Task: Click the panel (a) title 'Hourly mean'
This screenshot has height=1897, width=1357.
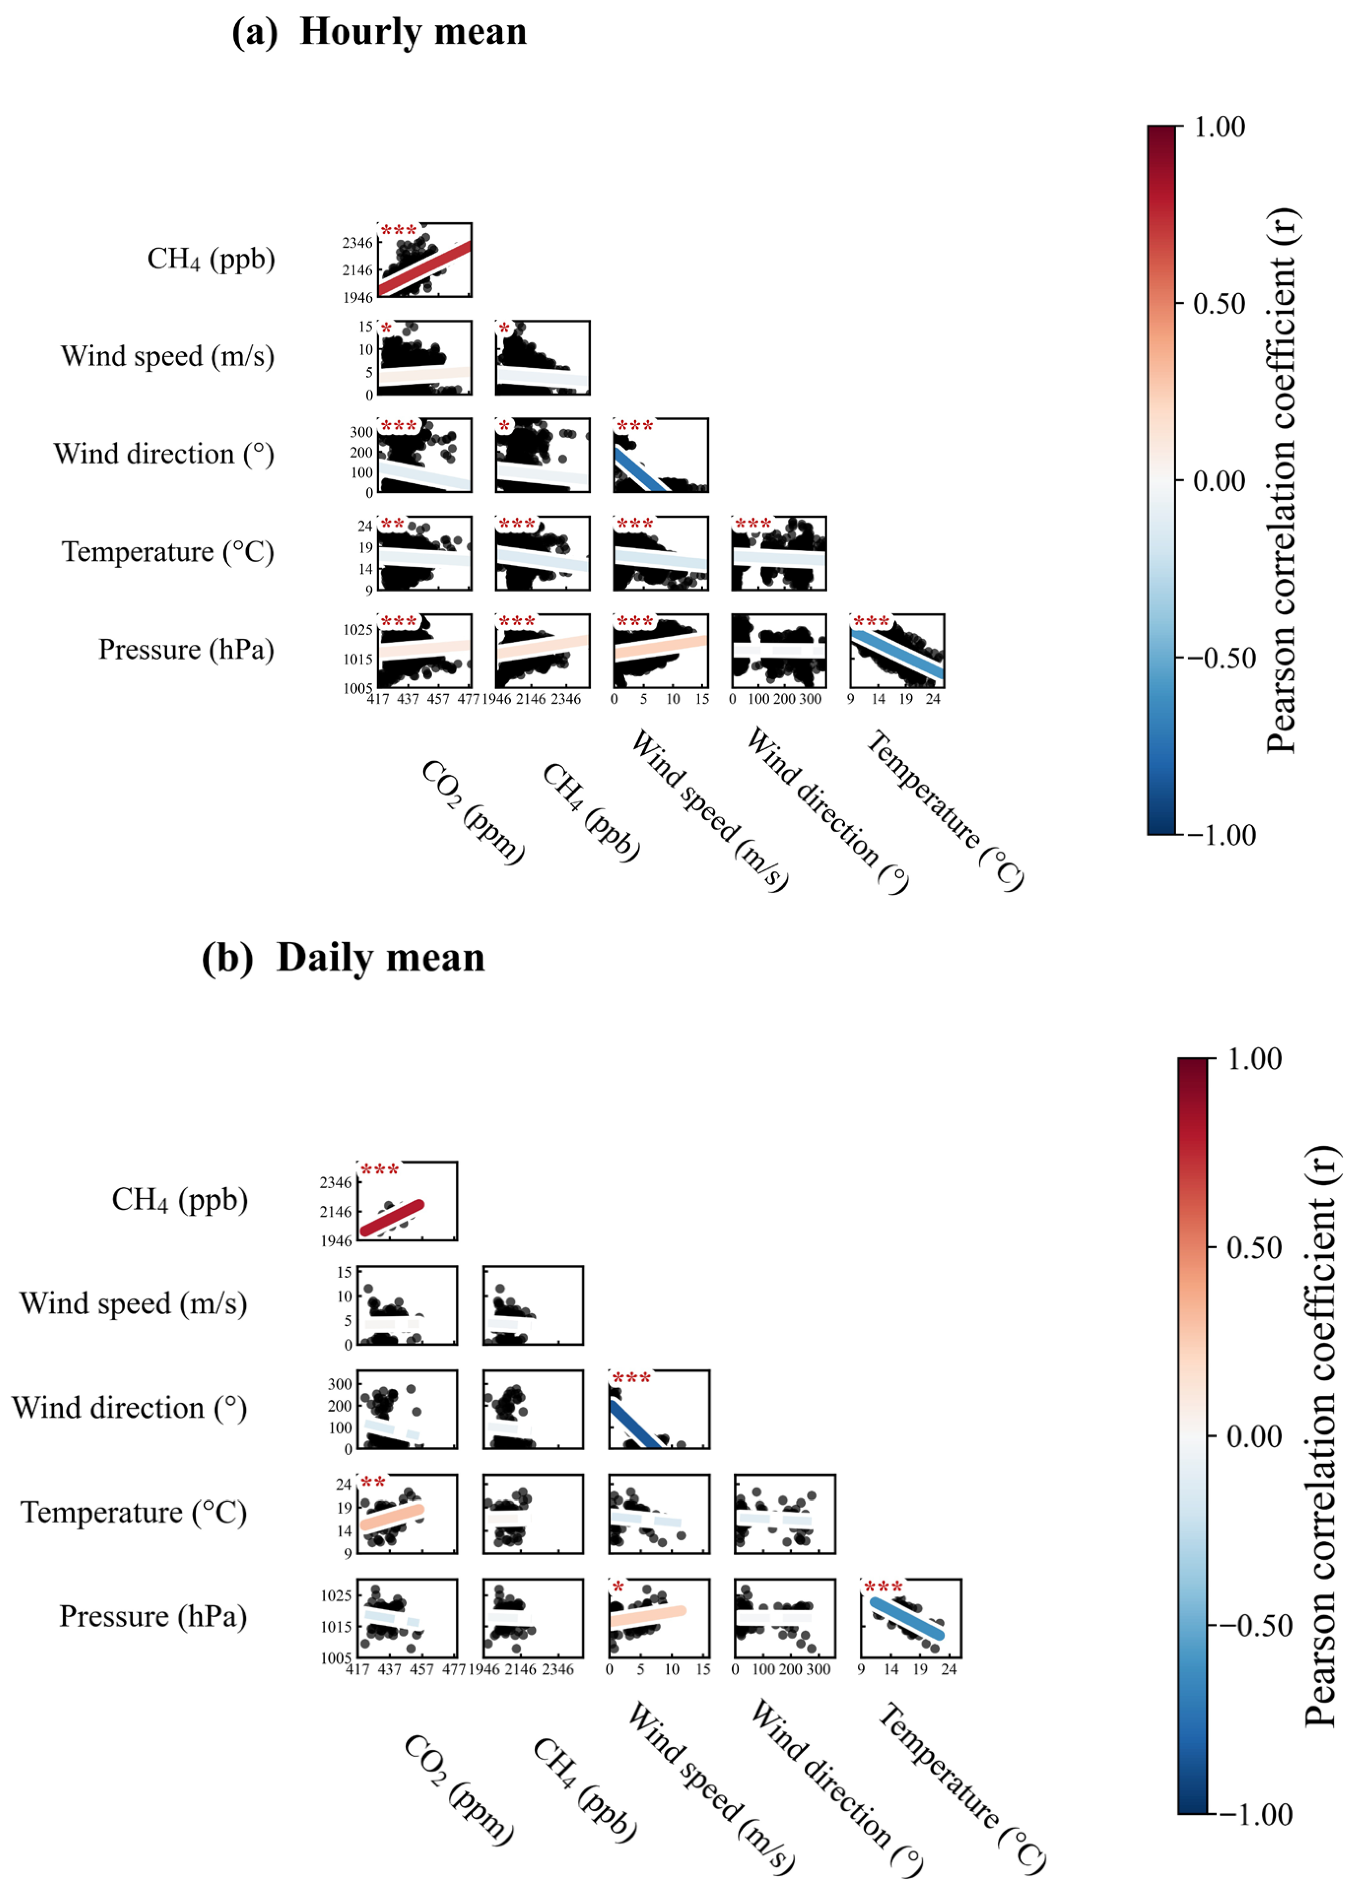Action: pyautogui.click(x=413, y=32)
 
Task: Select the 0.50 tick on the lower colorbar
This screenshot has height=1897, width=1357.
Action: pyautogui.click(x=1254, y=1248)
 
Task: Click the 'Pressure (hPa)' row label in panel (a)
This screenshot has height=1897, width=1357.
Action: pyautogui.click(x=186, y=649)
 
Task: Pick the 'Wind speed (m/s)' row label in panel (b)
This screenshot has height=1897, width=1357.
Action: pyautogui.click(x=134, y=1303)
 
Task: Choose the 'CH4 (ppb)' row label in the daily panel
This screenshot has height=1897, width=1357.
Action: pyautogui.click(x=180, y=1199)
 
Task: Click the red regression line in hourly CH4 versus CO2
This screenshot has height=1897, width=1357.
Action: pyautogui.click(x=424, y=267)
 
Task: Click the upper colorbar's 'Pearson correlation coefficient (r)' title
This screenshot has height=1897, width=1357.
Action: pyautogui.click(x=1281, y=480)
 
